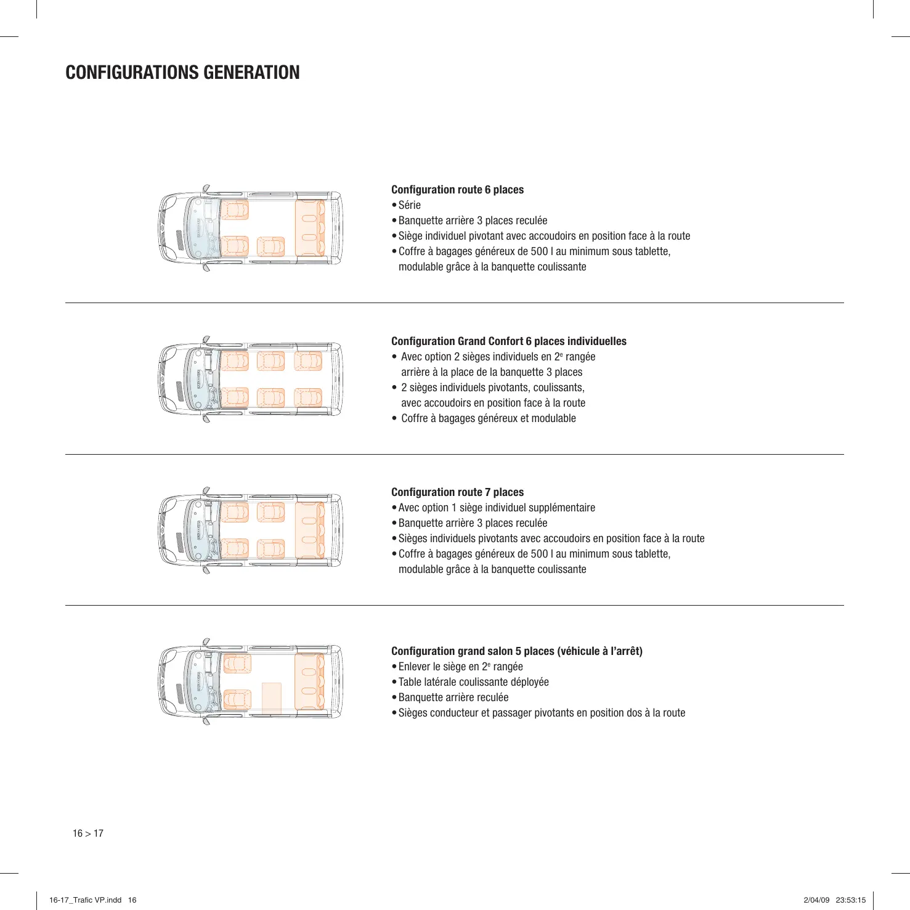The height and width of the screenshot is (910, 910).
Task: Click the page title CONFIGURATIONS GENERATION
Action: pos(182,73)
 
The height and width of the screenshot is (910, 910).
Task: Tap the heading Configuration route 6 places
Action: pos(457,190)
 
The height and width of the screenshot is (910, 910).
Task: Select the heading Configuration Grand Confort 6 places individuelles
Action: pos(508,341)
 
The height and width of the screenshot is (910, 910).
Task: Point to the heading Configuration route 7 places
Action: pos(457,492)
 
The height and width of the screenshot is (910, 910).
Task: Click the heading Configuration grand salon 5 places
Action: pos(516,651)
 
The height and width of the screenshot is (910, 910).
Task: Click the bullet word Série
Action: pos(409,205)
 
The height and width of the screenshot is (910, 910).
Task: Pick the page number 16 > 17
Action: pos(88,834)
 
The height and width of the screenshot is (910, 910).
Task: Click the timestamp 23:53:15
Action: pos(850,900)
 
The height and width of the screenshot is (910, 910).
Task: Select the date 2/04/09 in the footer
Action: pos(816,900)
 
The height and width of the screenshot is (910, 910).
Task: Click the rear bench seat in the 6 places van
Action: pos(309,228)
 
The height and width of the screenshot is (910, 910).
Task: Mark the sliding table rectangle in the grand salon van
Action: pos(272,697)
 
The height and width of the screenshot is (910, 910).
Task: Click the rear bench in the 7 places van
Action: pos(309,530)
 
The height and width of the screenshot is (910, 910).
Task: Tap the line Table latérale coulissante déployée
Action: pos(473,682)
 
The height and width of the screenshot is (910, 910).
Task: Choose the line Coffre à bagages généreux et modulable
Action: pos(488,418)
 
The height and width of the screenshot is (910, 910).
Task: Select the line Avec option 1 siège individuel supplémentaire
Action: pos(497,508)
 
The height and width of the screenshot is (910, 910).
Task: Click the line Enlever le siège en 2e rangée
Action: pos(460,667)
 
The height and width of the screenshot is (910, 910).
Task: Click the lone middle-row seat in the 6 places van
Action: pos(270,246)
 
